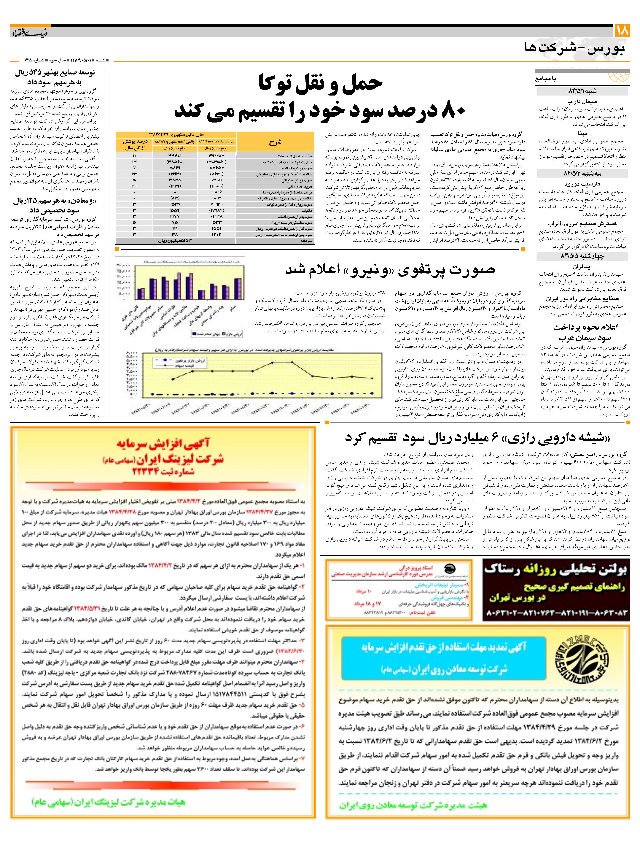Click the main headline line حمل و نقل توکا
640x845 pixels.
(320, 83)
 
